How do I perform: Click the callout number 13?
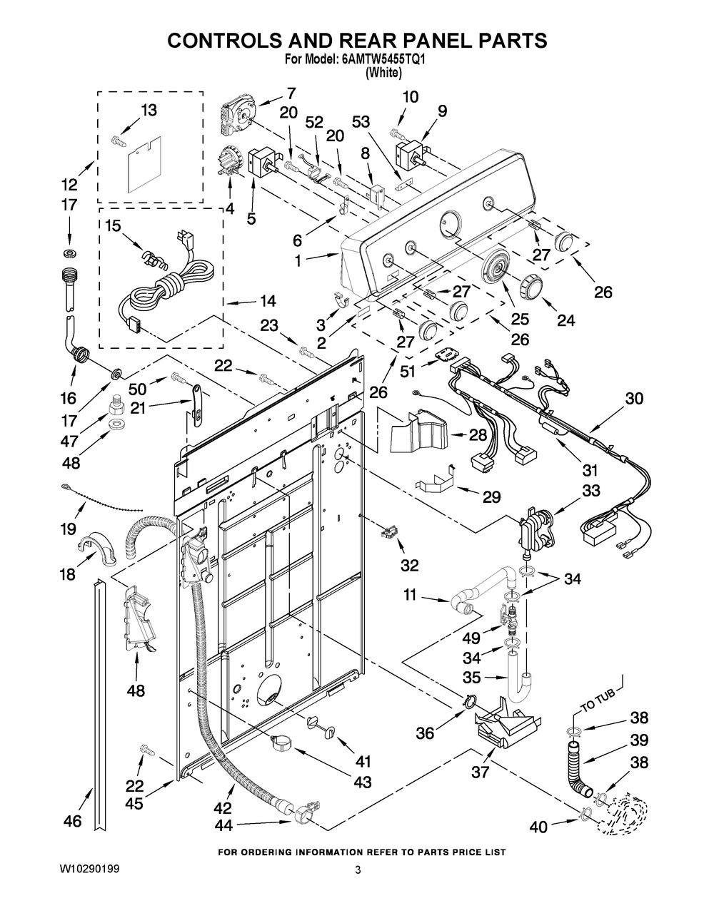point(149,111)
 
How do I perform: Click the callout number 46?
point(72,822)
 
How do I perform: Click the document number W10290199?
point(91,870)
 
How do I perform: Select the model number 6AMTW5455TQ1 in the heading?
point(388,61)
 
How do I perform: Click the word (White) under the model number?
point(383,73)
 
